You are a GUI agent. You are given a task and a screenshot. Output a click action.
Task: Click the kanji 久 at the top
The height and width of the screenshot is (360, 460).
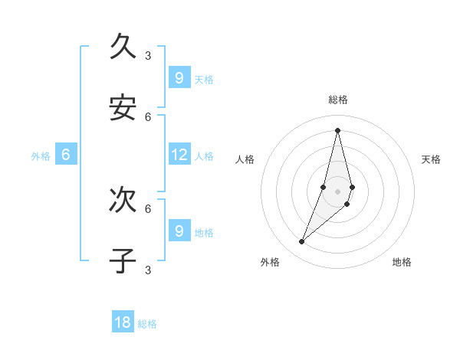(123, 46)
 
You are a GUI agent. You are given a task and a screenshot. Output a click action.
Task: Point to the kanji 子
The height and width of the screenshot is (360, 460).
(123, 260)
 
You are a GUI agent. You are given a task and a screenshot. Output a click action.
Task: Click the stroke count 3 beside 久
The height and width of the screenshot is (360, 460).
(148, 55)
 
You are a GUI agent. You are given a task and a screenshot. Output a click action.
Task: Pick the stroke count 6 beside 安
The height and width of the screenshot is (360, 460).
(148, 116)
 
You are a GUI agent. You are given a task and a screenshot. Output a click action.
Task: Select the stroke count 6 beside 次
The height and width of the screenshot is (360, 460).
(148, 208)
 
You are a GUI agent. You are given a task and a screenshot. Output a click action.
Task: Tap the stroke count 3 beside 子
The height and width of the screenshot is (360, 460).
(148, 270)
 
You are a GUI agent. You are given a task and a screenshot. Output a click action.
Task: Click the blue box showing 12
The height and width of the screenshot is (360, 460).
(179, 155)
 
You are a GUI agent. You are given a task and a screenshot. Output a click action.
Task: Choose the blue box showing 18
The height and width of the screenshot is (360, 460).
(123, 322)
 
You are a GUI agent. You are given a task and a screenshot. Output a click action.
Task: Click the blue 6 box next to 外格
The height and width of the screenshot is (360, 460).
(66, 155)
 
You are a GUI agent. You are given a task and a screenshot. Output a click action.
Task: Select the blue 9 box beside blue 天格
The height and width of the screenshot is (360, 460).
(179, 77)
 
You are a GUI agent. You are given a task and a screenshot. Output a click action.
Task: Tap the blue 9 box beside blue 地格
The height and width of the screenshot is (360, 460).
(179, 231)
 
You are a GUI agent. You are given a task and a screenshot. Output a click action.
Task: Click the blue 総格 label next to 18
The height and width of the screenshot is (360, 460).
(147, 324)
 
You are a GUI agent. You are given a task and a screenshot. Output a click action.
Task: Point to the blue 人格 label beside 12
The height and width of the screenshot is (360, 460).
(204, 156)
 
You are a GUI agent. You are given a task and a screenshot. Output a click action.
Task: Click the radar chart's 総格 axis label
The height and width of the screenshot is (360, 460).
(337, 100)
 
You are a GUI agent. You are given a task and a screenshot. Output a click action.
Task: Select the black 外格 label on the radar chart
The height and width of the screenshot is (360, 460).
(270, 262)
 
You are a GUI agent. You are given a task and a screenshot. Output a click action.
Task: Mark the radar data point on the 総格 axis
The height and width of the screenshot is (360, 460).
(337, 129)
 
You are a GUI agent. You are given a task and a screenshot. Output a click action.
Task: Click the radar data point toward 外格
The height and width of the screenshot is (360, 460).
(302, 242)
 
